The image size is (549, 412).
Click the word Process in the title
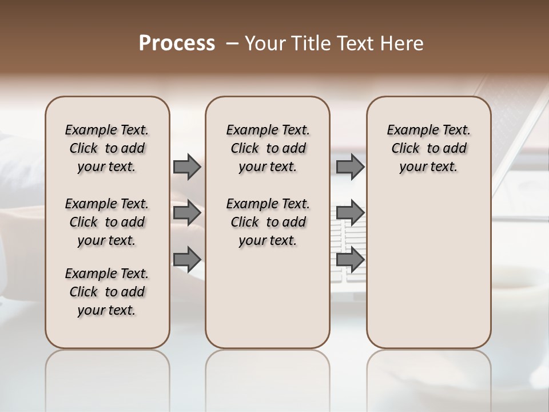[177, 43]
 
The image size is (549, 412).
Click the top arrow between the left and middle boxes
[187, 167]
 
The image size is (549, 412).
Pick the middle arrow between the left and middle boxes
[187, 213]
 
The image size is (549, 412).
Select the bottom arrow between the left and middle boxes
[187, 260]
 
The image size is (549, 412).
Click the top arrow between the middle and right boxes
[351, 167]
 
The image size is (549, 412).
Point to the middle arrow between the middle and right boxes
[351, 213]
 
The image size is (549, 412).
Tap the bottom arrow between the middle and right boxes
[351, 260]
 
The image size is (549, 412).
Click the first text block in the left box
[107, 148]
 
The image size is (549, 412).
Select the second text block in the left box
[107, 222]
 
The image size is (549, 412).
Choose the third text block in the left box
[107, 292]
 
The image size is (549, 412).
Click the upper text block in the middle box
[268, 148]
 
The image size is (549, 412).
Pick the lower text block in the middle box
[268, 222]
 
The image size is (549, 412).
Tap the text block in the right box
[429, 148]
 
